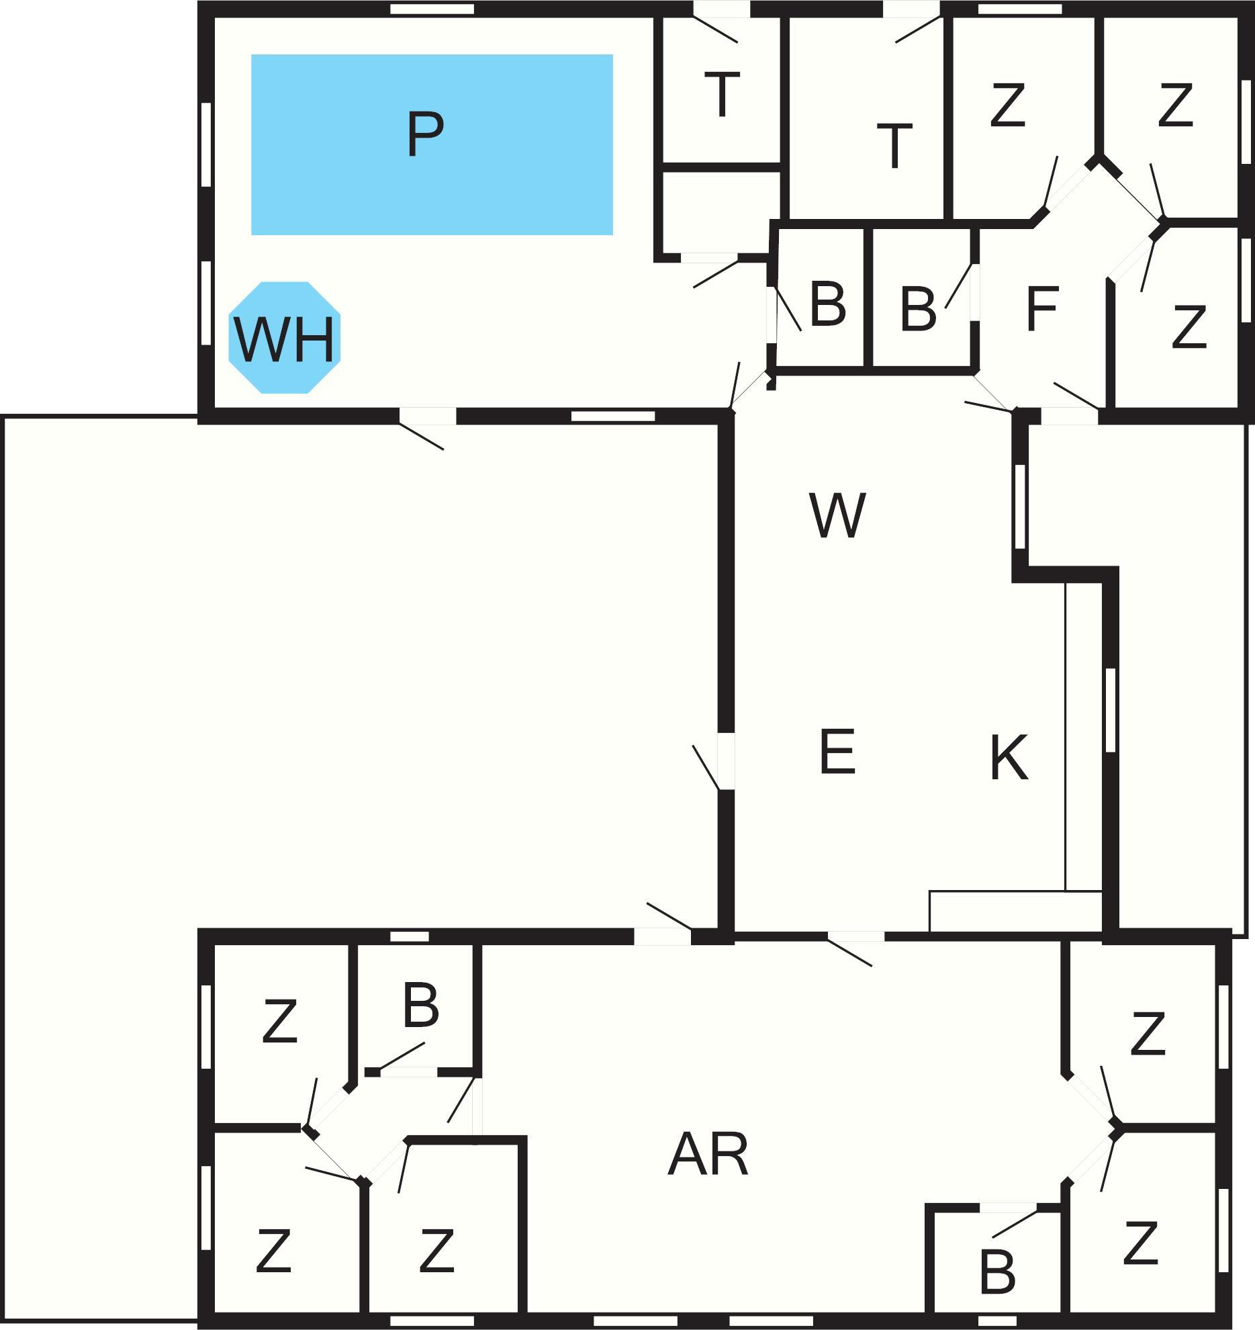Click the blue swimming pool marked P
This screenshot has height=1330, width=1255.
(431, 144)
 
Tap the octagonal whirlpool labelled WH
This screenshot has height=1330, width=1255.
(285, 338)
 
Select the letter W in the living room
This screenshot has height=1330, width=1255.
(837, 515)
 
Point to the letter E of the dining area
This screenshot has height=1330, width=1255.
(837, 751)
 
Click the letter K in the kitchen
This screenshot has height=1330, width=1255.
(1009, 757)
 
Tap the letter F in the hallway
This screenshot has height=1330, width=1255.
(1042, 309)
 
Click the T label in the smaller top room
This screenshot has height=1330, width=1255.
(722, 95)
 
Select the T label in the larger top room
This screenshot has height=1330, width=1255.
(894, 145)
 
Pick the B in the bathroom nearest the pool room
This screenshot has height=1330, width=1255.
(827, 304)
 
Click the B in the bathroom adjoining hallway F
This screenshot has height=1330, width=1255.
(917, 310)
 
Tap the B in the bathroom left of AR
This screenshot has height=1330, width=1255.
(421, 1006)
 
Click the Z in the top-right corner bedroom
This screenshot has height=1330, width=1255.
(1175, 105)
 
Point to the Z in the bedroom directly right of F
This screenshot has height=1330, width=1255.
(1189, 327)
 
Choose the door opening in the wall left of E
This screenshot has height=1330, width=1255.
(726, 761)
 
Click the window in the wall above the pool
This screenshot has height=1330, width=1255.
(432, 9)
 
